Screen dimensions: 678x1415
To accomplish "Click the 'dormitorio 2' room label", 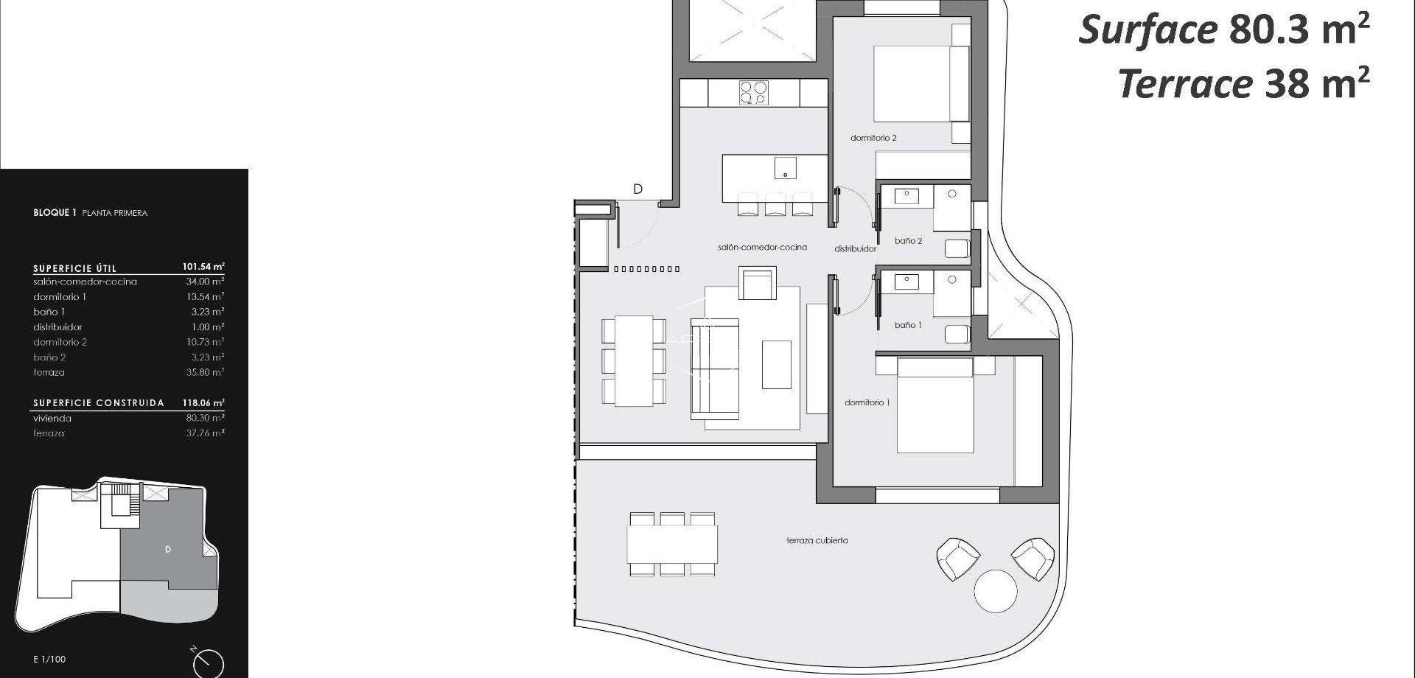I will click(873, 138).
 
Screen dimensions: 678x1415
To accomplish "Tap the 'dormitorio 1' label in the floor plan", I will click(867, 402).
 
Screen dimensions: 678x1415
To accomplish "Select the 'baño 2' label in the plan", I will click(908, 241).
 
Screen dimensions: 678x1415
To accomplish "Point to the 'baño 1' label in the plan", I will click(908, 325).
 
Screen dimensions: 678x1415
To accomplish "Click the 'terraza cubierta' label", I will click(817, 541).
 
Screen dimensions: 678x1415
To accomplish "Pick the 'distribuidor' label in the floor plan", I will click(855, 249).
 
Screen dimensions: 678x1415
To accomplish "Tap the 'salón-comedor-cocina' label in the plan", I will click(762, 248).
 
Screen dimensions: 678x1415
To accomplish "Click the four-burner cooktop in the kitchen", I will click(753, 93).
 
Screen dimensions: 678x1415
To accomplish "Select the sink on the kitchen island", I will click(785, 168).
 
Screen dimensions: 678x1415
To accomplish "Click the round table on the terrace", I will click(996, 591).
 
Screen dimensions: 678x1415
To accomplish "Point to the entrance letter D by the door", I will click(637, 189).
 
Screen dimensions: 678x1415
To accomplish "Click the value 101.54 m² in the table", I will click(203, 267).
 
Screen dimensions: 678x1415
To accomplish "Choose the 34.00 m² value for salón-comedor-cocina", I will click(205, 282).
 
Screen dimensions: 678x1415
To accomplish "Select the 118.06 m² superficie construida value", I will click(203, 403).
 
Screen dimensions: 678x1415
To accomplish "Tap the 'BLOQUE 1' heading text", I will click(55, 213).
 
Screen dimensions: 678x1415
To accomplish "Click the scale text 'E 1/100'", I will click(49, 660).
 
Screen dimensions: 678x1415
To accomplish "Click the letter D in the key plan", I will click(168, 550).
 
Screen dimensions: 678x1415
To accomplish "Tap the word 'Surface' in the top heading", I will click(1147, 30).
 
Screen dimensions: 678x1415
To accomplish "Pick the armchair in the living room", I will click(758, 284).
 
